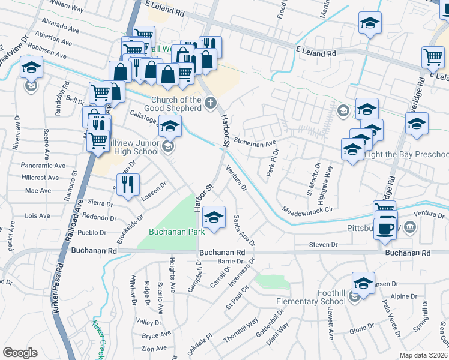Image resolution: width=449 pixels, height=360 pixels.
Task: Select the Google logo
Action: pyautogui.click(x=20, y=353)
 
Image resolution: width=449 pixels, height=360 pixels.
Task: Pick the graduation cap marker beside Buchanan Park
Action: pyautogui.click(x=214, y=217)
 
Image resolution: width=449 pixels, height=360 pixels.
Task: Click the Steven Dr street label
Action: pyautogui.click(x=324, y=245)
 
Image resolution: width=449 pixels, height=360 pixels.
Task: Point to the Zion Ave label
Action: pyautogui.click(x=154, y=348)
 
